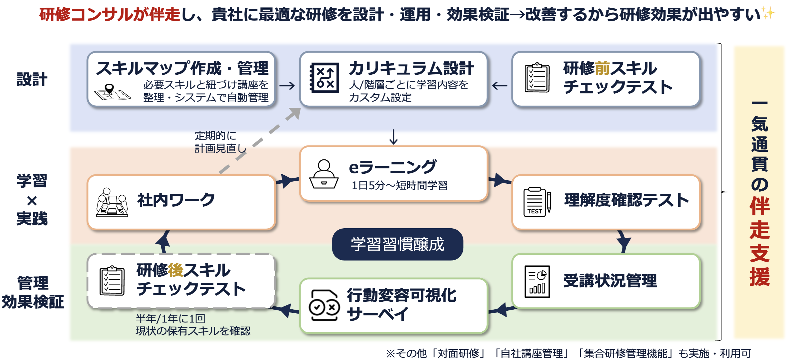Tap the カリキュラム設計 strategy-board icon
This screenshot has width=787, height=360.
coord(325,78)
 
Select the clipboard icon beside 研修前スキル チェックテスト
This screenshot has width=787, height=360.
coord(537,78)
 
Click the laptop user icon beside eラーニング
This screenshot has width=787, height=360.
coord(324,174)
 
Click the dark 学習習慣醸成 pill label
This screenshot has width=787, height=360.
coord(397,244)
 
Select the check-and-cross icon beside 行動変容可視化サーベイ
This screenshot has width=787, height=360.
coord(324,306)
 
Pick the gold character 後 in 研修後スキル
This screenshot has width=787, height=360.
coord(175,270)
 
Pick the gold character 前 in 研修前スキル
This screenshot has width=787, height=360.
coord(602,68)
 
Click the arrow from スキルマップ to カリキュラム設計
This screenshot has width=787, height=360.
coord(287,86)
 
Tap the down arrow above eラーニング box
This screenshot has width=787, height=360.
coord(394,137)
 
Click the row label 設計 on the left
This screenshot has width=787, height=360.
coord(32,79)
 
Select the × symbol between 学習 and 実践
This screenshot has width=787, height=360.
coord(32,201)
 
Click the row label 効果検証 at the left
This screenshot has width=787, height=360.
coord(33,301)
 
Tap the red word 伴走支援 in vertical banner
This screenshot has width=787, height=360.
coord(760,241)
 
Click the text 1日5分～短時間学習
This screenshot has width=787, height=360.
coord(400,185)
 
